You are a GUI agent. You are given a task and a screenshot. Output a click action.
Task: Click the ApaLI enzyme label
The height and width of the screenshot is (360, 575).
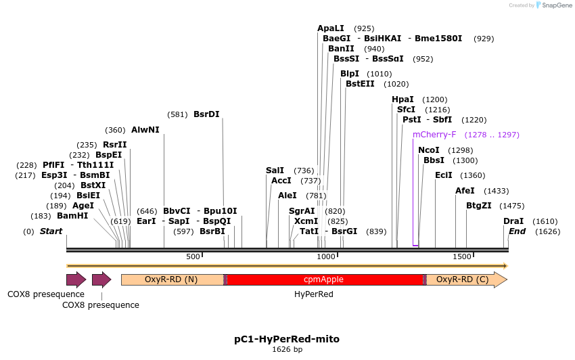coord(331,28)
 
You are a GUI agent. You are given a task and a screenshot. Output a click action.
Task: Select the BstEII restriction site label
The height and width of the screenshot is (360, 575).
coord(360,84)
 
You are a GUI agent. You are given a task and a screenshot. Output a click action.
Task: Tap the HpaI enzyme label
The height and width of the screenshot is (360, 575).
coord(402,99)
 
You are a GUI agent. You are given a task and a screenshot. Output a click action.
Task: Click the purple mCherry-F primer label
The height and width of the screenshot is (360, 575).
coord(434,135)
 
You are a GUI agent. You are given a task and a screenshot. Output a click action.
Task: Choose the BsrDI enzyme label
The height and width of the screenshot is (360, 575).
coord(206,114)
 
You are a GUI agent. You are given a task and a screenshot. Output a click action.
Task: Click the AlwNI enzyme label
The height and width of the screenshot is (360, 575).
coord(145,130)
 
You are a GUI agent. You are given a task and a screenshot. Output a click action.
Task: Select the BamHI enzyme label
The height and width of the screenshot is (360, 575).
coord(72,216)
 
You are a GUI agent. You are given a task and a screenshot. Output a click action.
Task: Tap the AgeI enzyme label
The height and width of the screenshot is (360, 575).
coord(83,206)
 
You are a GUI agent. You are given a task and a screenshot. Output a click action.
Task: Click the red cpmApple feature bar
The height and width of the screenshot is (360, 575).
coord(323,279)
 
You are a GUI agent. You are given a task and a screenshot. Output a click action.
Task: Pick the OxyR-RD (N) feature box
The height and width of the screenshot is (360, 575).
coord(172,279)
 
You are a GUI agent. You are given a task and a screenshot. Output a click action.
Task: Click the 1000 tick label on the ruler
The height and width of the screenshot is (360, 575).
coord(326,257)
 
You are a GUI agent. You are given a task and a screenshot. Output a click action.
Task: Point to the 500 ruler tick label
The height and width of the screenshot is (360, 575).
coord(193,257)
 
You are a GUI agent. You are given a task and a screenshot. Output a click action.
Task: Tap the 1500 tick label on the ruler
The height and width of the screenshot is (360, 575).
coord(461,257)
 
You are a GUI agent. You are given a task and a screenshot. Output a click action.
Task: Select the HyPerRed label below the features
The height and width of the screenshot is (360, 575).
coord(314,294)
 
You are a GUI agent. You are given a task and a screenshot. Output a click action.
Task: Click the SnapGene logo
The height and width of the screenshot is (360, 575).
coord(552,5)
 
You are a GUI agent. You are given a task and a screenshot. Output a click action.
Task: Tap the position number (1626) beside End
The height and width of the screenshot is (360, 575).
coord(547,231)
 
